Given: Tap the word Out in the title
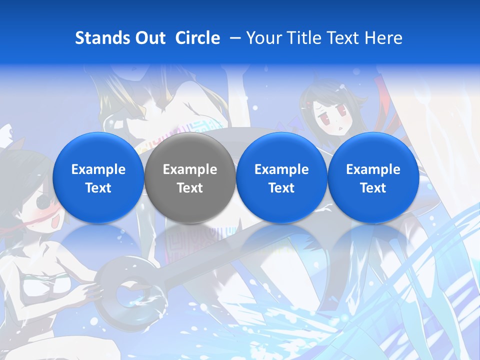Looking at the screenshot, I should point(150,38).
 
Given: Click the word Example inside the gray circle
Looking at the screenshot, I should point(189,169).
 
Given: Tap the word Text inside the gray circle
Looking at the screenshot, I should point(189,188).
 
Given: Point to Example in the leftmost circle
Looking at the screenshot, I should point(98,169).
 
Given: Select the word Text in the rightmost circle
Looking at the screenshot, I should point(373,188).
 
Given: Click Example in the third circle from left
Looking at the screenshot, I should point(281,169).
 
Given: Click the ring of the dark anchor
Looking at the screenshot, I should point(120,295).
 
